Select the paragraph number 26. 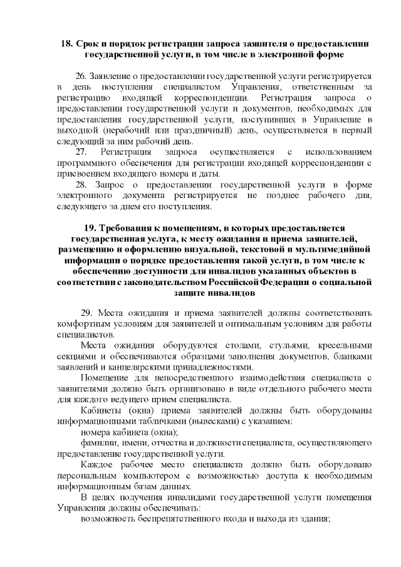[x=82, y=75]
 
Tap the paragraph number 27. [x=82, y=152]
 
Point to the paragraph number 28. [x=82, y=185]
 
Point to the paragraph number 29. [x=87, y=313]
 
